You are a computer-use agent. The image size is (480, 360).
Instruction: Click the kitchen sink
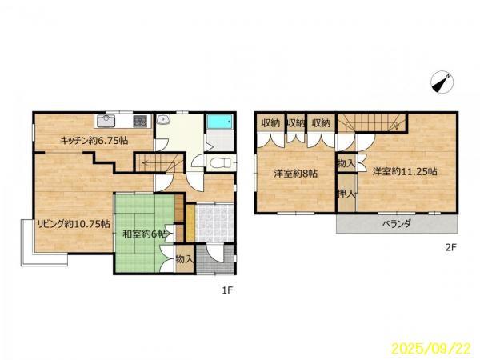coord(106,122)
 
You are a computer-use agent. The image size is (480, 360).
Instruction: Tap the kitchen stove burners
coord(140,121)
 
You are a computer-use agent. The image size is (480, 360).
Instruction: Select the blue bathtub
coord(220,122)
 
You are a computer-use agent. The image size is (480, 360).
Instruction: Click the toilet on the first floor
coord(221,162)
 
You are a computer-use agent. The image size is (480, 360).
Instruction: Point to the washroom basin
coord(164,119)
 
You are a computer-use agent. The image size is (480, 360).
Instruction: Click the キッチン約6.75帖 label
coord(94,141)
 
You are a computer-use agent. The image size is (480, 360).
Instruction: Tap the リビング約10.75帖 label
coord(74,224)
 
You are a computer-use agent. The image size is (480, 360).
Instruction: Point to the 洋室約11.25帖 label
coord(404,171)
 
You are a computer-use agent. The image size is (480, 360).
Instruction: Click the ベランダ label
coord(397,224)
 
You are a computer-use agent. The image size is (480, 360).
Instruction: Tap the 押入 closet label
coord(346,193)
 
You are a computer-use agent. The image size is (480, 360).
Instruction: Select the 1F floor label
coord(228,290)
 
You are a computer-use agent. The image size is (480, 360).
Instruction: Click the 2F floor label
coord(450,247)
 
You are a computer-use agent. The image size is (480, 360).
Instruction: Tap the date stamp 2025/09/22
coord(431,348)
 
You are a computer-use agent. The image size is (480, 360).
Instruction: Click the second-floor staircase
coord(372,123)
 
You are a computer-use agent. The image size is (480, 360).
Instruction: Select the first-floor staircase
coord(160,163)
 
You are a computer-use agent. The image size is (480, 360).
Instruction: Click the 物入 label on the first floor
coord(185,260)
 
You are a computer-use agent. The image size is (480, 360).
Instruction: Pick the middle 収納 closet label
coord(296,123)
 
